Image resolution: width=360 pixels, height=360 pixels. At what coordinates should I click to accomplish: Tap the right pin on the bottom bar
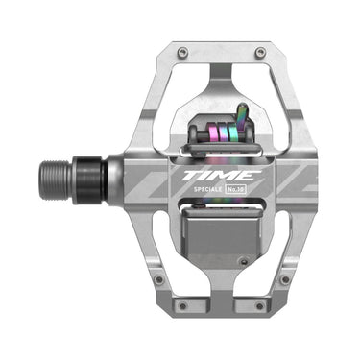tap(259, 306)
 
